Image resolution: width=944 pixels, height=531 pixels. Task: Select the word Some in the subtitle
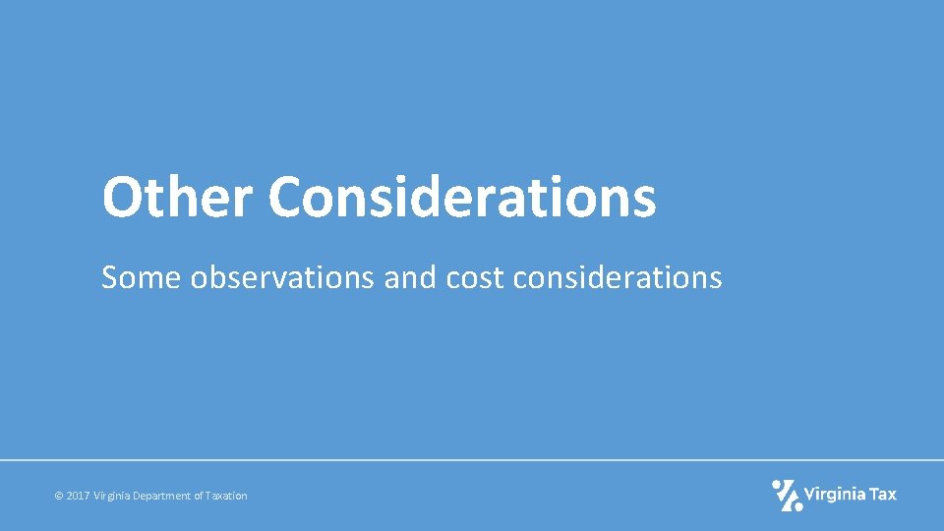[142, 278]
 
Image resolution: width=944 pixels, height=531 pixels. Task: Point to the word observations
[282, 278]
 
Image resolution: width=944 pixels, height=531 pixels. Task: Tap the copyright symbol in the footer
[59, 497]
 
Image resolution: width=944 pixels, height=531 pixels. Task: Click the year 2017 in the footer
[78, 497]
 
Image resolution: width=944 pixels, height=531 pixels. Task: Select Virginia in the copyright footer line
[114, 497]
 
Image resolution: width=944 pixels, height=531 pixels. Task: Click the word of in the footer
[200, 497]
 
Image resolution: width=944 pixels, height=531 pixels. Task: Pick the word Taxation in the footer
[227, 497]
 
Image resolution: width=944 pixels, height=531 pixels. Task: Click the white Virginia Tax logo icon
[787, 495]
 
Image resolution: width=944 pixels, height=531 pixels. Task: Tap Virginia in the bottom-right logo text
[835, 495]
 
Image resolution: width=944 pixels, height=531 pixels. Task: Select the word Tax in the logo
[883, 495]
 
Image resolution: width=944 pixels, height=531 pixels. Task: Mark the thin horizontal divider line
[472, 459]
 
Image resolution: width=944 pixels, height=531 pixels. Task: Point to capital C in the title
[286, 197]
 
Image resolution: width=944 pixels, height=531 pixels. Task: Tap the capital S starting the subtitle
[109, 278]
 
